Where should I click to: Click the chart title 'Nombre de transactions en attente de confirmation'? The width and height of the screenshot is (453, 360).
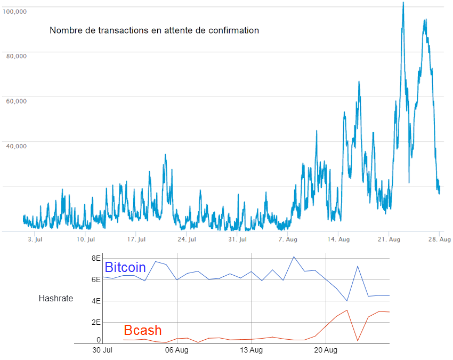point(154,30)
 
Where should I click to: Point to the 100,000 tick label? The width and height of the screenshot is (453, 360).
point(15,11)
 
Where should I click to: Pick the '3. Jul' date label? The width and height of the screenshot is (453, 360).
point(35,239)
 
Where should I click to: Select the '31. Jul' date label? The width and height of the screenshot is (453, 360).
point(237,239)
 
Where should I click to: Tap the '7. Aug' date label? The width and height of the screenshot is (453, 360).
point(288,239)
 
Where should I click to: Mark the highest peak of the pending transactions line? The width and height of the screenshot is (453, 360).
point(403,3)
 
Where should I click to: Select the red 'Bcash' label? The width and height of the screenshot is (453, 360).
point(142,330)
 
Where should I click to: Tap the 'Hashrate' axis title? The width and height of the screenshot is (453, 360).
point(55,299)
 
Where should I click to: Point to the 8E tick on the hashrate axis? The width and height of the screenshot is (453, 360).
point(96,258)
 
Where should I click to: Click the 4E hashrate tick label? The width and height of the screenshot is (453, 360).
point(96,301)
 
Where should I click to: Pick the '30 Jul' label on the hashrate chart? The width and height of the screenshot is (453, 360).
point(102,350)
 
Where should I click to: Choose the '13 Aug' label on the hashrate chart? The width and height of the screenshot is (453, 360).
point(251,350)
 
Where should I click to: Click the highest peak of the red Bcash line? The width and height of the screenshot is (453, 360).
point(347,310)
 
